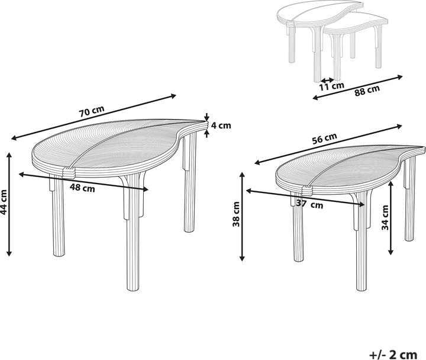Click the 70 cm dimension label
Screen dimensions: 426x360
92,111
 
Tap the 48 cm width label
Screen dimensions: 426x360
82,188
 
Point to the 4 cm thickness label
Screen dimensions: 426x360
221,126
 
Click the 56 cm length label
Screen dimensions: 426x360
324,138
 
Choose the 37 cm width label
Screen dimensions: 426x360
309,204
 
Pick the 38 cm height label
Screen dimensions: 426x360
236,214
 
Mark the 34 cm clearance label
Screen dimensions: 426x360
385,217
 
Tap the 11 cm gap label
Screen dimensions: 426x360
331,86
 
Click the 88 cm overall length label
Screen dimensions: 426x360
367,91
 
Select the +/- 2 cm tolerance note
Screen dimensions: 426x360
393,355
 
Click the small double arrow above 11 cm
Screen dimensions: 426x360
327,80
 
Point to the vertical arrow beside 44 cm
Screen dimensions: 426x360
9,204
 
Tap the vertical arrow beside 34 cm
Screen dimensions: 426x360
390,218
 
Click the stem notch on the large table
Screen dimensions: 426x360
69,173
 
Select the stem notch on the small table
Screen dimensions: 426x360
306,190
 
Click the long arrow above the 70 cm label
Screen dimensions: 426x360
93,117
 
